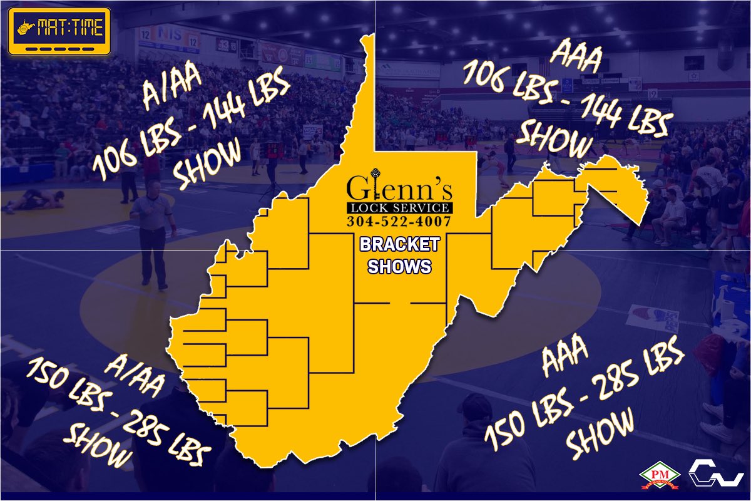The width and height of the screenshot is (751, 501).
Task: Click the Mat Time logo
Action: coord(59,31)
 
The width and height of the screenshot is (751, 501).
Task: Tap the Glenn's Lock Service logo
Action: coord(399,200)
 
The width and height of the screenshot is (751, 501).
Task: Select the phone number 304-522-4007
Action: coord(399,221)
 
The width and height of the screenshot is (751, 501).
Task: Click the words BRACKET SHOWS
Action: coord(399,255)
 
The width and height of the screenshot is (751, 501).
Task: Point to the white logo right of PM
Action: coord(716,474)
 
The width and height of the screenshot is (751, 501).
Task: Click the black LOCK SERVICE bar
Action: coord(399,208)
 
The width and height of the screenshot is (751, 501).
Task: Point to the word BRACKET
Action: coord(399,244)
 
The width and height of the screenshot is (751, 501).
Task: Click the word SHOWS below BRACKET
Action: coord(399,266)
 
